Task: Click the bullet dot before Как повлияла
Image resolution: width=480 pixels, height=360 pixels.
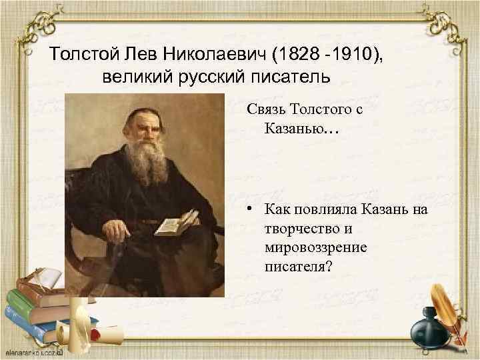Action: [247, 211]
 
